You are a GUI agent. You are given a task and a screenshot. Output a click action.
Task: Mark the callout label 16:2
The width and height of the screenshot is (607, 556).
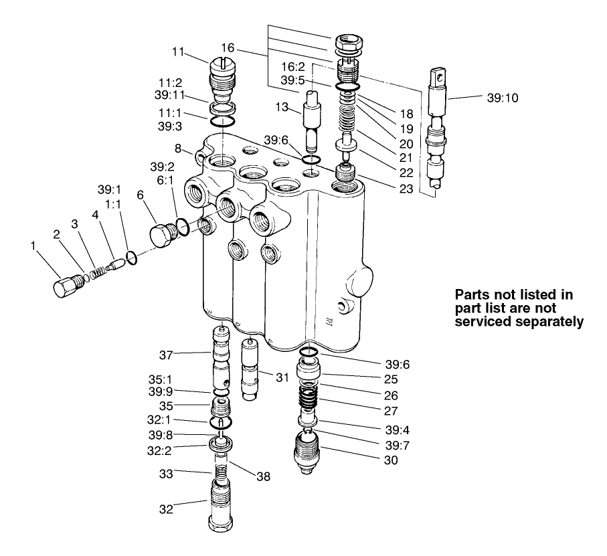[292, 68]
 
